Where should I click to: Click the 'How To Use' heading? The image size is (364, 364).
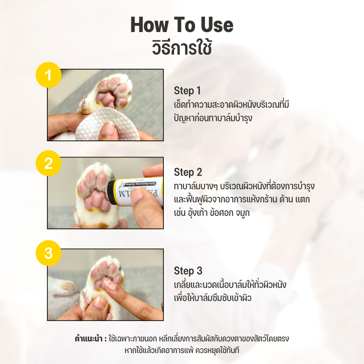point(182,24)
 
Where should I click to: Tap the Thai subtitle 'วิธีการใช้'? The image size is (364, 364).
point(182,48)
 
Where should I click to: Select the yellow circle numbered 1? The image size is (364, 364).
point(48,75)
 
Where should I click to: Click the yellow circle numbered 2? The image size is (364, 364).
point(48,163)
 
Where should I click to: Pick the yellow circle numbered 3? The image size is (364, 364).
point(48,253)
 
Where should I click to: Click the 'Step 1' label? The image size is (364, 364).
point(187,91)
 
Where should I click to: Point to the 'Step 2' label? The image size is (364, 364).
point(188,172)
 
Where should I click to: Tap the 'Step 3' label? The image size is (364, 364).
point(188,271)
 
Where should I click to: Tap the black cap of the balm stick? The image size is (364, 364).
point(112,192)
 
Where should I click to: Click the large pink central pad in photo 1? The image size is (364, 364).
point(106,99)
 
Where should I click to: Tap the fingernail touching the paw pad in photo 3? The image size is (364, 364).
point(111,285)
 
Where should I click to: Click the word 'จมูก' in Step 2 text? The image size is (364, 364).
point(242,213)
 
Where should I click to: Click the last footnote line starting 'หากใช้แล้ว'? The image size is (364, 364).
point(182,351)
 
